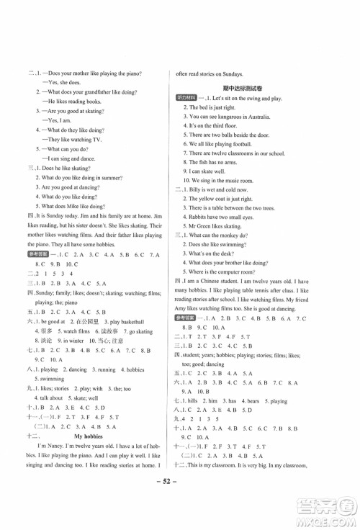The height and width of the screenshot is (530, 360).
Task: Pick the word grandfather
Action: [104, 93]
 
